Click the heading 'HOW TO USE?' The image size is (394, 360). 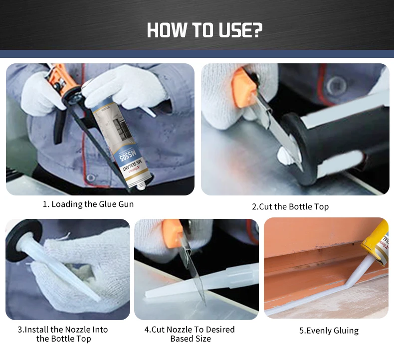pos(204,30)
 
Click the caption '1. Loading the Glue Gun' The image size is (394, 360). pos(88,204)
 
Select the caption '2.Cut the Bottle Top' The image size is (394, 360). pos(290,206)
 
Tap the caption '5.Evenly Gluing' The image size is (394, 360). pos(329,330)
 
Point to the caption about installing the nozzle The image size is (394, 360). pos(63,334)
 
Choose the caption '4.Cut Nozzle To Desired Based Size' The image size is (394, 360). pos(190,334)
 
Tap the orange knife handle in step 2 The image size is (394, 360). pos(244,88)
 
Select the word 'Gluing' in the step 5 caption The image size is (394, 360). pos(345,330)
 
